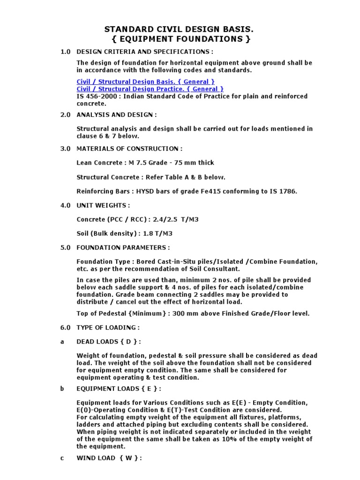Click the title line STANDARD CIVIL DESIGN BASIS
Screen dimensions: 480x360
[180, 30]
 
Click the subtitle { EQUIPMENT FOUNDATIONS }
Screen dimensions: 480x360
[180, 39]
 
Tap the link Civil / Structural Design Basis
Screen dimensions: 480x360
[145, 82]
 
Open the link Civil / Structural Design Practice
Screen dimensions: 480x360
[150, 89]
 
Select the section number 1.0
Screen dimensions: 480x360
[65, 51]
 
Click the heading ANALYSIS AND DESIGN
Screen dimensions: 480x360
[116, 115]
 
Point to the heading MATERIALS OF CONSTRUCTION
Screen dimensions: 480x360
[129, 149]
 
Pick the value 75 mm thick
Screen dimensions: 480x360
[193, 163]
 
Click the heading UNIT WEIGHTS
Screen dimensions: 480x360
[103, 205]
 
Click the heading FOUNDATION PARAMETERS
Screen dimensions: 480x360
[123, 247]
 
